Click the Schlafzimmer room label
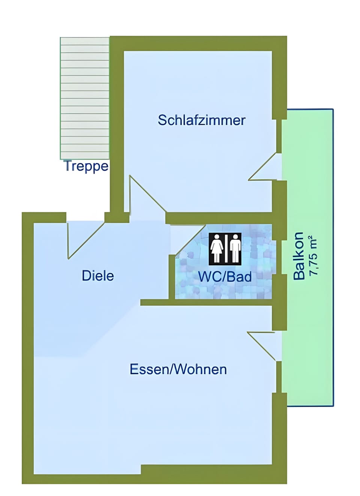(201, 120)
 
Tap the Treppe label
(86, 166)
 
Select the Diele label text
(97, 276)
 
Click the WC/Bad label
(225, 277)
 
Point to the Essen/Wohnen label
(178, 369)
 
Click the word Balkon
(298, 256)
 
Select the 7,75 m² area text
(312, 256)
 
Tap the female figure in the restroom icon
(217, 248)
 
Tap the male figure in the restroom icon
(235, 248)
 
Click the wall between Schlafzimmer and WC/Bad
(221, 218)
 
